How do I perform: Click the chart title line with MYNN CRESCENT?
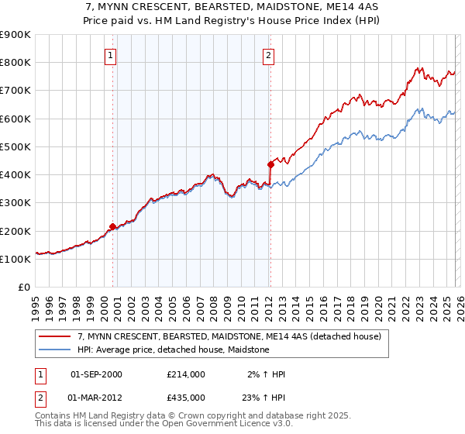(232, 7)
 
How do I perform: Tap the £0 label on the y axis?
(25, 288)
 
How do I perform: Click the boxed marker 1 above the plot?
(112, 55)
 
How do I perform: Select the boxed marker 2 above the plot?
(268, 55)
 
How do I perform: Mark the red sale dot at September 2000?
(113, 226)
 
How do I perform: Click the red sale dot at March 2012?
(270, 164)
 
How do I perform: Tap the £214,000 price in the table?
(186, 374)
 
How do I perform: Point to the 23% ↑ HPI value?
(263, 398)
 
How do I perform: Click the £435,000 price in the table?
(186, 398)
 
